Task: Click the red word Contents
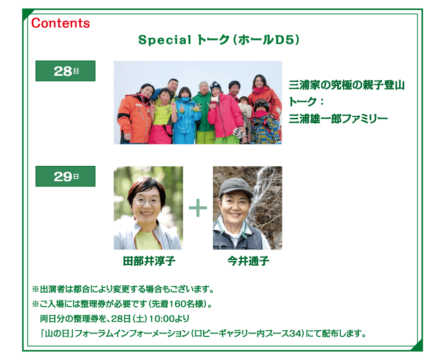click(60, 23)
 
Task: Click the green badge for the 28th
click(65, 71)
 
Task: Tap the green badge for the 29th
click(65, 176)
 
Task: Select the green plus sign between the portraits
click(198, 208)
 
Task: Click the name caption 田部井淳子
click(149, 261)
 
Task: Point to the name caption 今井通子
click(248, 261)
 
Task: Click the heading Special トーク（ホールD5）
click(219, 40)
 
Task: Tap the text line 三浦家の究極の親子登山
click(346, 85)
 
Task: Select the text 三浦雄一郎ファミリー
click(338, 119)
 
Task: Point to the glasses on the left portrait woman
click(146, 201)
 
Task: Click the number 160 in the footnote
click(178, 304)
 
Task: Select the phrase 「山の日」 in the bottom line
click(57, 333)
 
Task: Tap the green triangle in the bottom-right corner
click(417, 346)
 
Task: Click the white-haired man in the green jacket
click(204, 112)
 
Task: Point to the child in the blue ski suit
click(184, 117)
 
